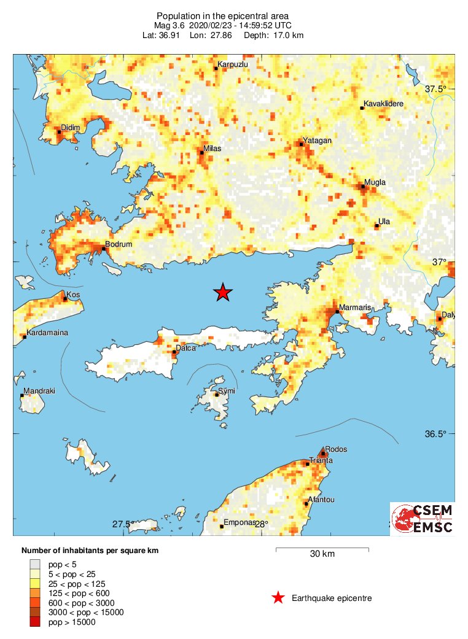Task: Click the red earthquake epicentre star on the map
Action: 223,293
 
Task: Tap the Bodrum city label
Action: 119,244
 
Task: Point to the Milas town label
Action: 212,149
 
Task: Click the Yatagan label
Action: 318,141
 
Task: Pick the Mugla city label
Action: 375,183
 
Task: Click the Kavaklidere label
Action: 383,104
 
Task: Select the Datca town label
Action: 185,348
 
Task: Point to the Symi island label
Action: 227,391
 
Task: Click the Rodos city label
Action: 336,449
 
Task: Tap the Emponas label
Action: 240,523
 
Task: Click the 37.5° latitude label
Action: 436,90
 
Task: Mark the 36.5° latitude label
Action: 436,435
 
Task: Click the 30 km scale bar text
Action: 321,554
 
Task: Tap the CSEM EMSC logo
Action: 423,519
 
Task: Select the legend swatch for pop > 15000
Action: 35,622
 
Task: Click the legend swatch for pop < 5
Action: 35,563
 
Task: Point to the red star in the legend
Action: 278,598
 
